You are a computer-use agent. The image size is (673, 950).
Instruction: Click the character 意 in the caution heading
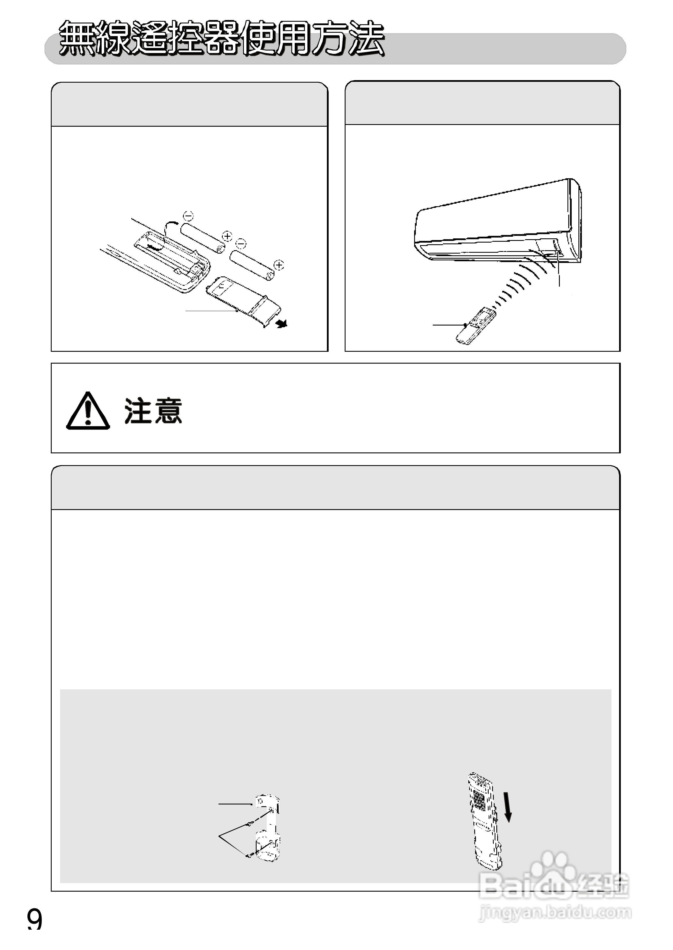168,411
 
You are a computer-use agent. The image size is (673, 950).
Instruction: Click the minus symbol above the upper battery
188,216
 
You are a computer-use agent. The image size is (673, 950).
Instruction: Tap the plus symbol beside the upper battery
227,236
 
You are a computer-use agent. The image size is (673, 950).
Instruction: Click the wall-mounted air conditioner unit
497,223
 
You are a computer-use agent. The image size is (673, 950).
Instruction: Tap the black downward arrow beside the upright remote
508,807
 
